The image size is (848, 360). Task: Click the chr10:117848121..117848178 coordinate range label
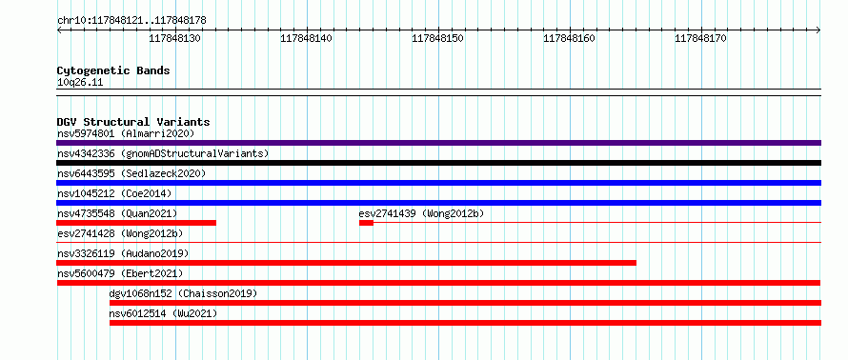pyautogui.click(x=131, y=21)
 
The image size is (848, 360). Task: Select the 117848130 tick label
pyautogui.click(x=175, y=38)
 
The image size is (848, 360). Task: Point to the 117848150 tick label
pyautogui.click(x=438, y=38)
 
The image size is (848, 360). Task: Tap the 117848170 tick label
pyautogui.click(x=701, y=38)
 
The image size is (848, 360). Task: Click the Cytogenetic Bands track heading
pyautogui.click(x=113, y=70)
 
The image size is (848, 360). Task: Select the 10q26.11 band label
pyautogui.click(x=80, y=83)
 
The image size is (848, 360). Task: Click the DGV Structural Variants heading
pyautogui.click(x=133, y=122)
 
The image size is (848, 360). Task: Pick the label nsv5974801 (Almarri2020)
pyautogui.click(x=126, y=133)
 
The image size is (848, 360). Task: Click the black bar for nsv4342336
pyautogui.click(x=438, y=163)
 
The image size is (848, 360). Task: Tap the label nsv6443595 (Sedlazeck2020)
pyautogui.click(x=131, y=173)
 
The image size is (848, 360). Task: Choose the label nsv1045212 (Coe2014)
pyautogui.click(x=114, y=193)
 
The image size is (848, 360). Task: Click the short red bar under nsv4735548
pyautogui.click(x=136, y=223)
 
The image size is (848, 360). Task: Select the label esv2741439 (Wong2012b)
pyautogui.click(x=421, y=213)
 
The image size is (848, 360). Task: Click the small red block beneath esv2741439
pyautogui.click(x=366, y=223)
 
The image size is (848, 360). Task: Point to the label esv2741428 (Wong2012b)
pyautogui.click(x=120, y=233)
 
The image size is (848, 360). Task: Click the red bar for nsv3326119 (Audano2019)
pyautogui.click(x=346, y=263)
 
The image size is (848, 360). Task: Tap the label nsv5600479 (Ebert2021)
pyautogui.click(x=120, y=273)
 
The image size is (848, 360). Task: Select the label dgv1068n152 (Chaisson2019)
pyautogui.click(x=183, y=293)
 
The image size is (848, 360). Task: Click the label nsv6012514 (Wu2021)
pyautogui.click(x=163, y=313)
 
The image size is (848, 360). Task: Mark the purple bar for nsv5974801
pyautogui.click(x=438, y=143)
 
